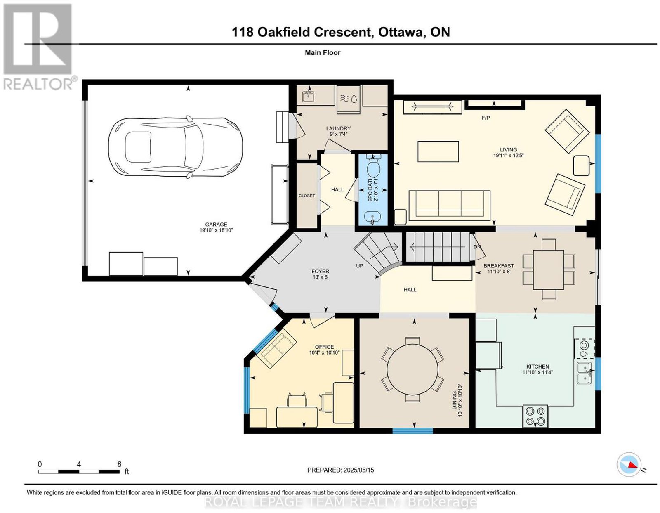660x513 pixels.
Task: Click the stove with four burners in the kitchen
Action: click(535, 416)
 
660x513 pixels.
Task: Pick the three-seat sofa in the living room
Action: click(450, 205)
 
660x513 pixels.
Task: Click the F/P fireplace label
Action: click(486, 118)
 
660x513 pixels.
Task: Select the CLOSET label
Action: click(307, 196)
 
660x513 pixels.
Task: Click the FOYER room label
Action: click(320, 271)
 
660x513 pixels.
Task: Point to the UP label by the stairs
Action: click(360, 266)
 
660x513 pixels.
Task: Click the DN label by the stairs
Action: click(477, 247)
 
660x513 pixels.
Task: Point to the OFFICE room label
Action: click(324, 347)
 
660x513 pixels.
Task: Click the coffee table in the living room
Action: click(438, 151)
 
